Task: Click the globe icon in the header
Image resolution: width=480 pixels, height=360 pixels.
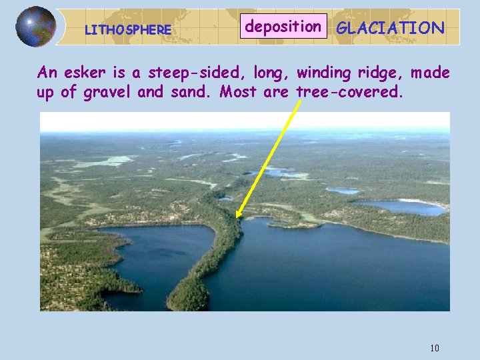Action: [35, 27]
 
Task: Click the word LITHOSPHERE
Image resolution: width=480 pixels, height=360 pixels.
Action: [128, 30]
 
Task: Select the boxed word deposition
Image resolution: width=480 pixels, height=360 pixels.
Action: [283, 27]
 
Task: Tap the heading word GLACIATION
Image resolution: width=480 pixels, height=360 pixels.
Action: [390, 27]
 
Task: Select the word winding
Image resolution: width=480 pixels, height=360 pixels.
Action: [325, 72]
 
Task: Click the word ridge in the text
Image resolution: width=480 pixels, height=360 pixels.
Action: [385, 73]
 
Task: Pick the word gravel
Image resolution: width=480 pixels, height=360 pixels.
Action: [107, 92]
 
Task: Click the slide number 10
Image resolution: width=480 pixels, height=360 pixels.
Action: [435, 347]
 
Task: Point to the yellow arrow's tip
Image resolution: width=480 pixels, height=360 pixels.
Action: [237, 217]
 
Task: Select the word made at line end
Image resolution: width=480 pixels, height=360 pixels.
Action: [431, 72]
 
